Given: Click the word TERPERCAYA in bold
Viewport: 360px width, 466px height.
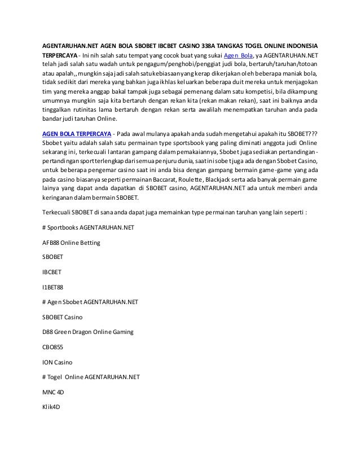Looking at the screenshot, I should tap(59, 55).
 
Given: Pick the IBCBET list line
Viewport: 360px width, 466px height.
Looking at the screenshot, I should tap(52, 271).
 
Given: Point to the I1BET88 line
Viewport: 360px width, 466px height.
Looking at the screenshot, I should tap(53, 287).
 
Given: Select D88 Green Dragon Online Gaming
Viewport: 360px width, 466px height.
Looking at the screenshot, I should tap(88, 332).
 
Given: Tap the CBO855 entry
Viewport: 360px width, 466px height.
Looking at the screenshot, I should tap(53, 346).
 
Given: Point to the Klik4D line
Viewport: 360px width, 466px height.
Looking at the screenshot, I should tap(51, 406).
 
